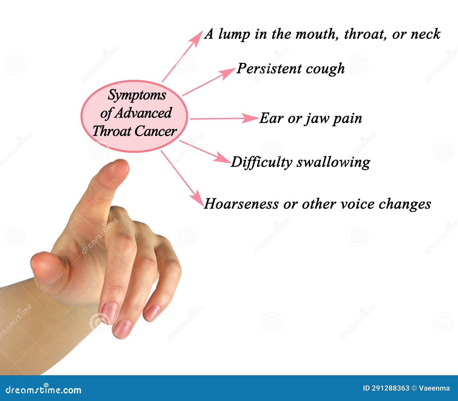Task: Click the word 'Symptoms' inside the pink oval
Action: click(137, 95)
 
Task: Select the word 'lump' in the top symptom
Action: click(234, 34)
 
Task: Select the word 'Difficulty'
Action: click(261, 162)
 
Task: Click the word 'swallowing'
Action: click(333, 162)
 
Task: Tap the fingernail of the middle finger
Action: click(123, 329)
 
